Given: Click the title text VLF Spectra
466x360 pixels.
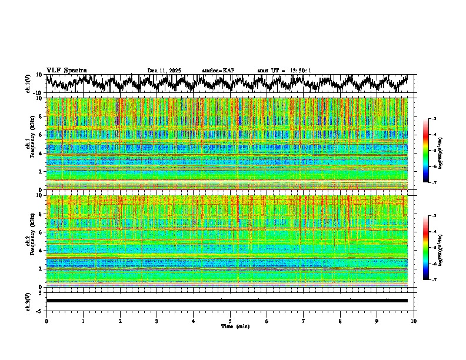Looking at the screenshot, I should point(66,70).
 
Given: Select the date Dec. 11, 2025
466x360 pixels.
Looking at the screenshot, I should point(164,71).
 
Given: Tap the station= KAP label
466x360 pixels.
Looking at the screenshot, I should point(218,71).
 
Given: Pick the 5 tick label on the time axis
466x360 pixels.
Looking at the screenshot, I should point(230,321).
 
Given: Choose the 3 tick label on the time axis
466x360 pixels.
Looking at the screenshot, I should point(157,321).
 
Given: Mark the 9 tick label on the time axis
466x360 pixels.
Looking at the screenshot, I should point(377,321).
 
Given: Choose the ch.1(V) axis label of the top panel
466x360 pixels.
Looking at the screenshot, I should point(28,84).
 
